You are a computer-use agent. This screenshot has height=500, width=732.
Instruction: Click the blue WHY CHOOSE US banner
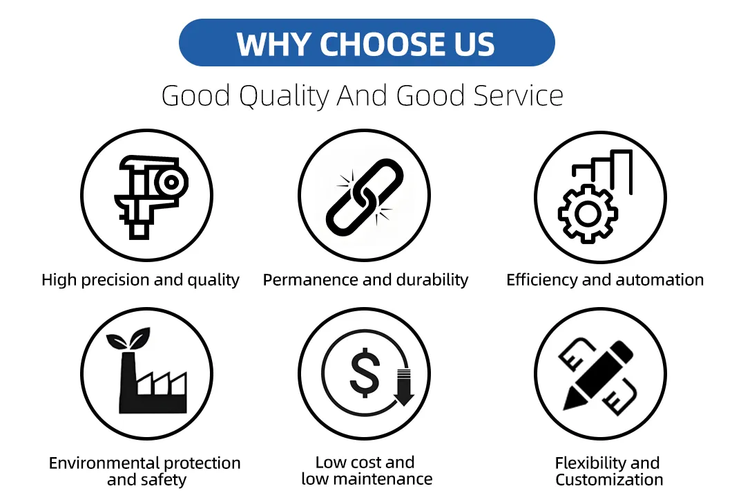click(x=367, y=43)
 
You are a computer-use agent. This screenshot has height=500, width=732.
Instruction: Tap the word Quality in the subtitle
click(x=285, y=96)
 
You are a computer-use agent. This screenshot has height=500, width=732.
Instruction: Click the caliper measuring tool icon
click(x=148, y=196)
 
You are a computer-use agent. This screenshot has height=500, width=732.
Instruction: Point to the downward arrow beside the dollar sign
click(x=403, y=388)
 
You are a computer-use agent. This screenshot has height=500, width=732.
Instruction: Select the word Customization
click(x=609, y=480)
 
